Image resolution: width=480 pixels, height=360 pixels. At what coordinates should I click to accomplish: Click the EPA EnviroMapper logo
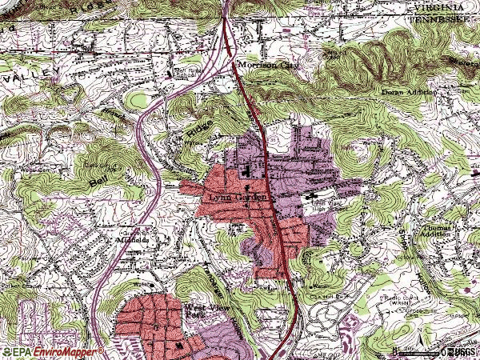(x=52, y=351)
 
